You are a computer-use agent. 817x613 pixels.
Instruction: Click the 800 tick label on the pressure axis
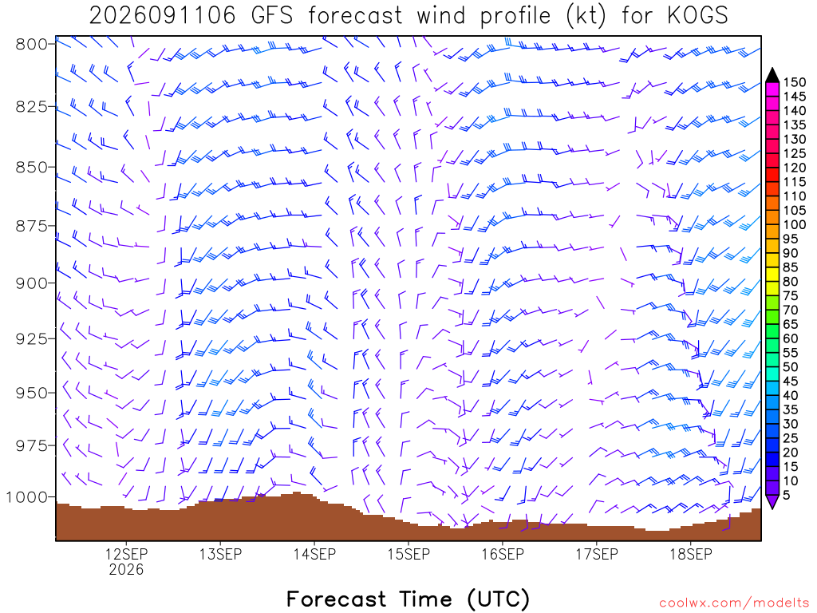point(32,45)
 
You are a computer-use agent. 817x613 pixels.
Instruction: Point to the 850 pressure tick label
point(32,168)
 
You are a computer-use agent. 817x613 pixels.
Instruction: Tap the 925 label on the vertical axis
point(32,338)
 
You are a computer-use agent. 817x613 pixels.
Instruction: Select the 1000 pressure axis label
point(27,497)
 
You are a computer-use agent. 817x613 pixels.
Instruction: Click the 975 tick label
point(32,445)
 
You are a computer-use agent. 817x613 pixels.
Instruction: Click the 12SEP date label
point(126,554)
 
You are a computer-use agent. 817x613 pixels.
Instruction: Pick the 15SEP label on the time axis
point(409,554)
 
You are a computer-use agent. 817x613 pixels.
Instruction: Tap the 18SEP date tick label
point(691,554)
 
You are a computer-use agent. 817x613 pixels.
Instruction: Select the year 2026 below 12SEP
point(126,569)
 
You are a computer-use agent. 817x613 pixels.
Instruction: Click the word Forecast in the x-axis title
point(337,599)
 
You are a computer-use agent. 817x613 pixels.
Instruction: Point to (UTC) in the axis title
point(499,599)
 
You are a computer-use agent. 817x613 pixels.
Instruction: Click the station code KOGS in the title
point(697,16)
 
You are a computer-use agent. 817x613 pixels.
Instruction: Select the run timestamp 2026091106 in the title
point(163,16)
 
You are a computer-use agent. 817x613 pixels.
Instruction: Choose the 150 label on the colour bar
point(795,82)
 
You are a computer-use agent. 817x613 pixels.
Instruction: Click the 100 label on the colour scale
point(795,224)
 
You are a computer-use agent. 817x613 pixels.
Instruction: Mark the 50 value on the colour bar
point(791,367)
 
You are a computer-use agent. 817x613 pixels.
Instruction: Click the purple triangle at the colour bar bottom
point(772,501)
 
